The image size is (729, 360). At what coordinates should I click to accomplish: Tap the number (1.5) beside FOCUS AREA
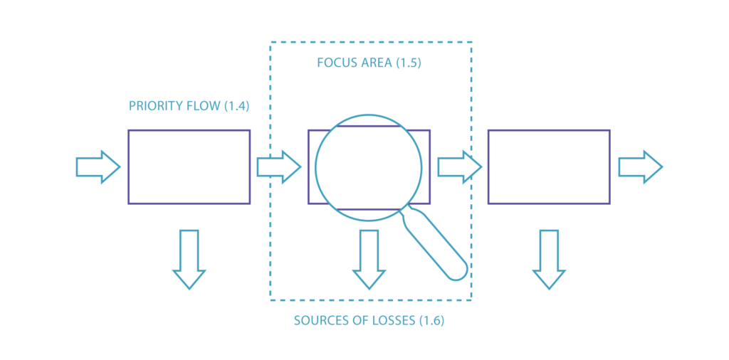coord(408,63)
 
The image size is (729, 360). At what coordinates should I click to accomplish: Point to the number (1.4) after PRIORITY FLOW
coord(236,107)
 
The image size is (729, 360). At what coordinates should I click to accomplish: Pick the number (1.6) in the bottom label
coord(431,321)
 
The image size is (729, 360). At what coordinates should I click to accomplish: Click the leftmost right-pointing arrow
coord(98,167)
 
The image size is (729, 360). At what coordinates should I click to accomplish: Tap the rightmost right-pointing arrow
coord(640,167)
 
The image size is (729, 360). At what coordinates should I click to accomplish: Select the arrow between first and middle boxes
coord(279,167)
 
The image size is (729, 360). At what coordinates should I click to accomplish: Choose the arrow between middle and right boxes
coord(459,167)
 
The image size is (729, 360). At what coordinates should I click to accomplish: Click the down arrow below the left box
coord(189,259)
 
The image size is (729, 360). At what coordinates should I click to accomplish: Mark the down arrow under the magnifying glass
coord(369,259)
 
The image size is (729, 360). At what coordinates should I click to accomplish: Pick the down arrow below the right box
coord(549,259)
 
